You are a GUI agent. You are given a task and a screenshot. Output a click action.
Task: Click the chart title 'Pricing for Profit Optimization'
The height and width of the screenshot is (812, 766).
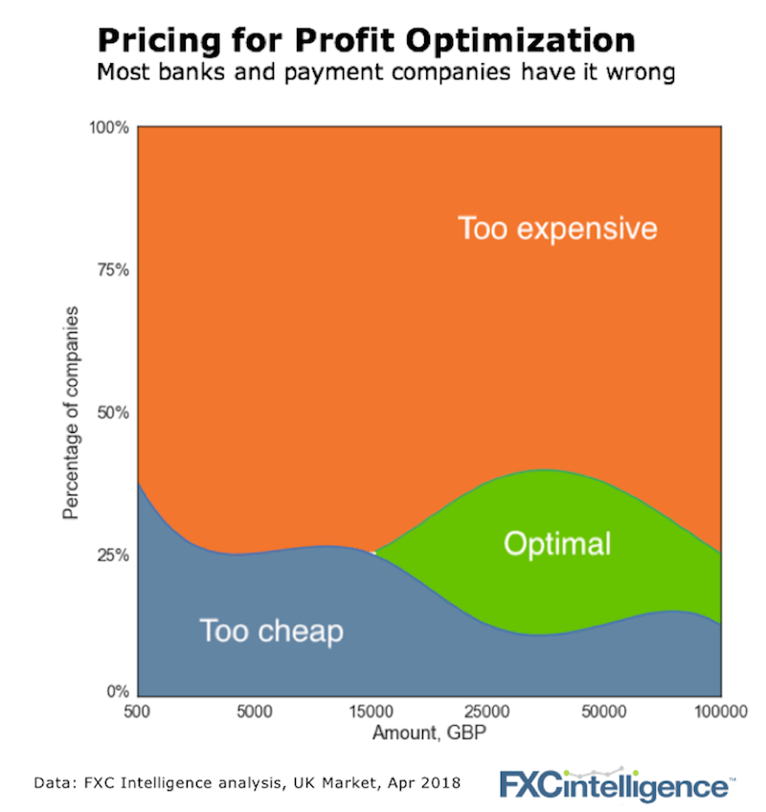coord(365,39)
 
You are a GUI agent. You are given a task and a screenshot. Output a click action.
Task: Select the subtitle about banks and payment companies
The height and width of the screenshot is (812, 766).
coord(367,71)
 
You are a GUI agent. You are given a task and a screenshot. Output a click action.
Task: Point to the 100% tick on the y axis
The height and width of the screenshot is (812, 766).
coord(110,127)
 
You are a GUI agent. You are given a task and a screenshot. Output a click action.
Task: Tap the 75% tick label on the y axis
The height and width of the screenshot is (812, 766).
coord(113,269)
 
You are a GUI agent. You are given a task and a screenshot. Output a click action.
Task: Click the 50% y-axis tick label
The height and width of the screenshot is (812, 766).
coord(113,413)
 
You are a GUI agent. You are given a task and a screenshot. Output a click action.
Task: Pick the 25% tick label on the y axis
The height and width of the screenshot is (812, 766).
coord(113,554)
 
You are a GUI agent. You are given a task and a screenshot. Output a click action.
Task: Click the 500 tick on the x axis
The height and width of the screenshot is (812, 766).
coord(139,711)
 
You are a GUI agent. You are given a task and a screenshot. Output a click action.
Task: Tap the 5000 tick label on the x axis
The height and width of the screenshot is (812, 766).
coord(255,711)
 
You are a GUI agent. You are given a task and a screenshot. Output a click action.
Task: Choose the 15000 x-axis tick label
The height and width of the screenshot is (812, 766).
coord(372,711)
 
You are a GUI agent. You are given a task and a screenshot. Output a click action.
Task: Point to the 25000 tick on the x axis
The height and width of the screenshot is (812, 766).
coord(487,711)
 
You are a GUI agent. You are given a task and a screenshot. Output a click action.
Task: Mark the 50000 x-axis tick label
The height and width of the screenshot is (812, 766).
coord(604,711)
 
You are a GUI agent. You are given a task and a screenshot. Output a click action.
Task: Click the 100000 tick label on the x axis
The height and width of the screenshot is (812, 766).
coord(720,711)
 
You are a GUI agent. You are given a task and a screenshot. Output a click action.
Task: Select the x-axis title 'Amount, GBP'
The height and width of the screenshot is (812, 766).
coord(429,732)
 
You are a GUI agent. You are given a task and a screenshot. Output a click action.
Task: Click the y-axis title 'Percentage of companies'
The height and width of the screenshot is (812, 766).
coord(70,413)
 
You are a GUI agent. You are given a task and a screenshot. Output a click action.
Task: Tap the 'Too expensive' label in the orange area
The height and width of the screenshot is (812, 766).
coord(557,229)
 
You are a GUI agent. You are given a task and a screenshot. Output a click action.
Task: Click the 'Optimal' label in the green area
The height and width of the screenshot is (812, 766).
coord(556,544)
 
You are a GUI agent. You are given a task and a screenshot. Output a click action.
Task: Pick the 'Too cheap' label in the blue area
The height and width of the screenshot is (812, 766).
coord(271,631)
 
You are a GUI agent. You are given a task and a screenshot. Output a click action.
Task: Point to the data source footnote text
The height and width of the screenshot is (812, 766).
coord(247,782)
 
